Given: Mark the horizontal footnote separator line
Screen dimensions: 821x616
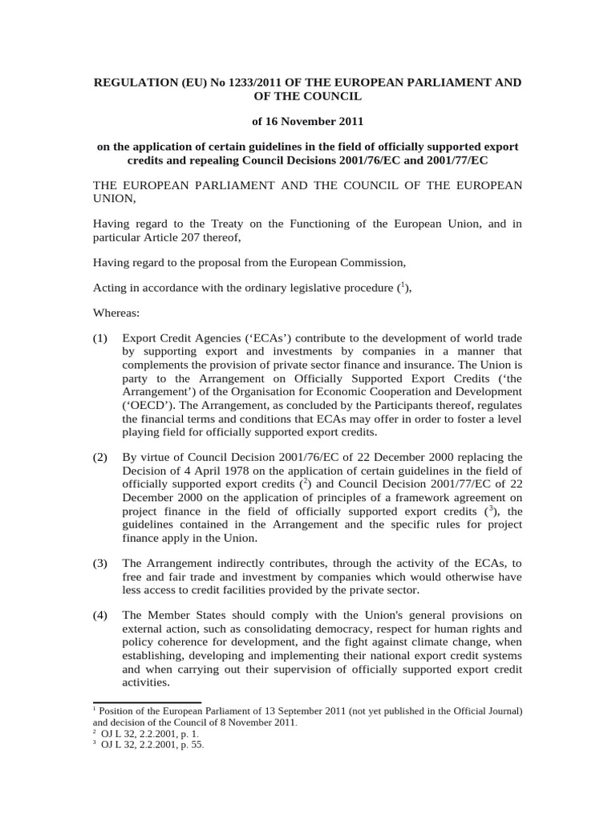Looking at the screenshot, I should click(139, 700).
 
